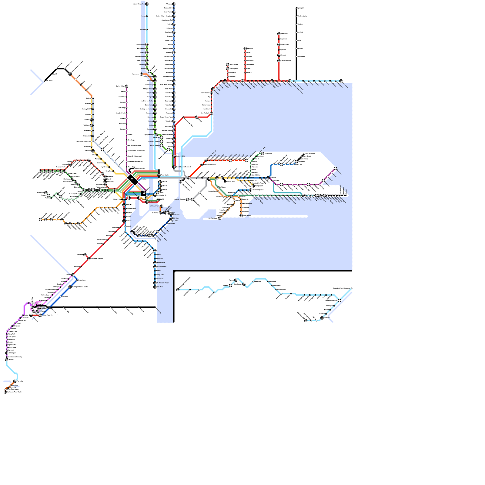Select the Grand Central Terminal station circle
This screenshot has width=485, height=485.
pyautogui.click(x=174, y=167)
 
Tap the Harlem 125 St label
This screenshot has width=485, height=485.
pyautogui.click(x=180, y=156)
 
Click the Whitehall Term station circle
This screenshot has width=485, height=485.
pyautogui.click(x=162, y=206)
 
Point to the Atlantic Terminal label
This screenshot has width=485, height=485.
pyautogui.click(x=179, y=199)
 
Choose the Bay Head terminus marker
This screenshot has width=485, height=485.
pyautogui.click(x=155, y=287)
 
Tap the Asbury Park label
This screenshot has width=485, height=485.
pyautogui.click(x=161, y=263)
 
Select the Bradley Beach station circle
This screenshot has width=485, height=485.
pyautogui.click(x=155, y=267)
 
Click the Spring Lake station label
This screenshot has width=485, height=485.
pyautogui.click(x=160, y=275)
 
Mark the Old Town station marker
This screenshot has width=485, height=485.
pyautogui.click(x=171, y=218)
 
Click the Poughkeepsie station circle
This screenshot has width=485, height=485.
pyautogui.click(x=147, y=45)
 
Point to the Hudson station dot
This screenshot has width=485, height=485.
pyautogui.click(x=147, y=16)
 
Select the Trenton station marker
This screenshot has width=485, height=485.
pyautogui.click(x=73, y=275)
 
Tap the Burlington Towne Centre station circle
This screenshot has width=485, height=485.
pyautogui.click(x=70, y=287)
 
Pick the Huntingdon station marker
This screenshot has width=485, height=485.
pyautogui.click(x=244, y=284)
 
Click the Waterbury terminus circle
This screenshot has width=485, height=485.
pyautogui.click(x=279, y=34)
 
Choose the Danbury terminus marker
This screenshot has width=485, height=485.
pyautogui.click(x=245, y=48)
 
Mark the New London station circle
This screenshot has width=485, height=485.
pyautogui.click(x=341, y=81)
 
